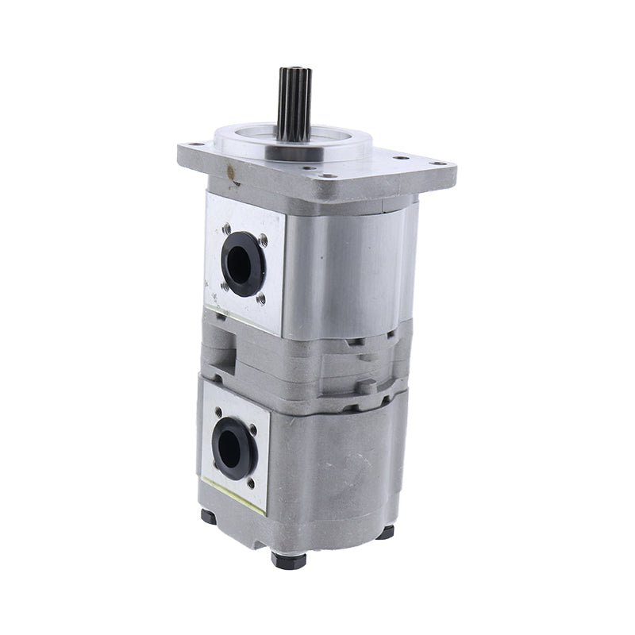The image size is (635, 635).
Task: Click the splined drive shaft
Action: click(294, 103)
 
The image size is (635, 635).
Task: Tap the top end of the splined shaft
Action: click(294, 71)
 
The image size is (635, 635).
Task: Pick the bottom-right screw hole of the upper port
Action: click(261, 299)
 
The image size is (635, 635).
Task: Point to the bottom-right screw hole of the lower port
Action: click(252, 481)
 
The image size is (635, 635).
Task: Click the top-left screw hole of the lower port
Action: click(218, 411)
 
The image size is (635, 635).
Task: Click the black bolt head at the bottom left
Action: click(209, 516)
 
